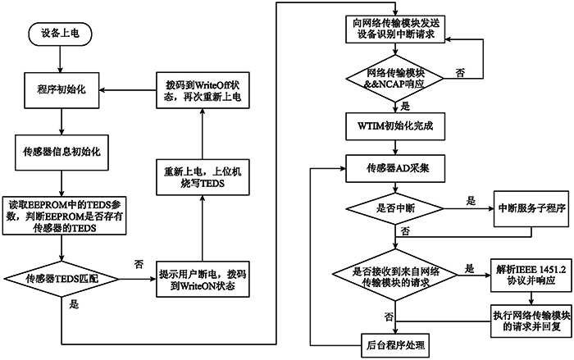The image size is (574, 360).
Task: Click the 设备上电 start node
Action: point(61,34)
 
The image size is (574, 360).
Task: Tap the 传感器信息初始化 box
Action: point(61,151)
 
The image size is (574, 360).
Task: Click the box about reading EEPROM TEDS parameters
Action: point(61,216)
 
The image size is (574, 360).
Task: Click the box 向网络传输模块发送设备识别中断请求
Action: point(394,30)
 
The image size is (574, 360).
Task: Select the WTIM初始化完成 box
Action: point(394,126)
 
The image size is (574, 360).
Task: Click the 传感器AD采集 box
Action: point(394,168)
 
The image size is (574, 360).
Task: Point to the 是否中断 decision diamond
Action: point(394,209)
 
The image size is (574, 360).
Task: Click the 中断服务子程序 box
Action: point(520,209)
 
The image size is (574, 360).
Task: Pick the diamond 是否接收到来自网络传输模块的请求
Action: point(394,278)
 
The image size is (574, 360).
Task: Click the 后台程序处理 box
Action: point(394,344)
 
